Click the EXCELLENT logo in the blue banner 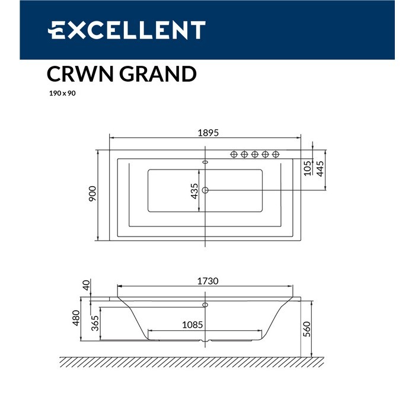point(126,30)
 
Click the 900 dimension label point(92,195)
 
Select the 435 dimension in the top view point(194,191)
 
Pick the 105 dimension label point(307,168)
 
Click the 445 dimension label point(320,169)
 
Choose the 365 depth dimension point(94,324)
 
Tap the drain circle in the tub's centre point(206,190)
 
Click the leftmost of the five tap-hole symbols point(234,155)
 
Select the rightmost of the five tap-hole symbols point(276,155)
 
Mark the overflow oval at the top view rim point(206,161)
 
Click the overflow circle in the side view point(205,305)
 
